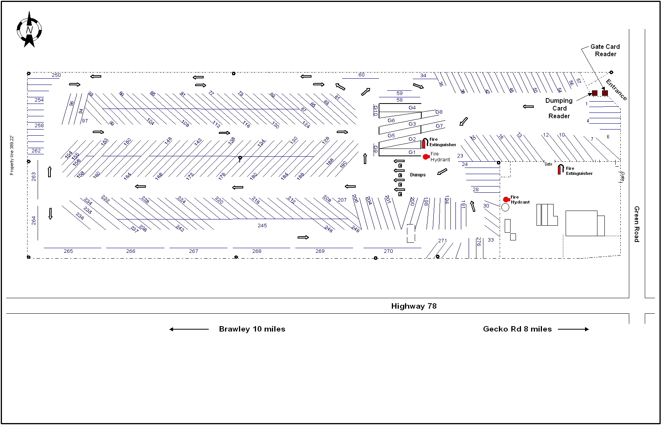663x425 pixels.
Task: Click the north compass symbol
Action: click(x=29, y=30)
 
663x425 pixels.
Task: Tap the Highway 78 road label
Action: click(x=414, y=306)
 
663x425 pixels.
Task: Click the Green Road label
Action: click(x=636, y=224)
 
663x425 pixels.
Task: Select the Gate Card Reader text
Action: click(x=605, y=50)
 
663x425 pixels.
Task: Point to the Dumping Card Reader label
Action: click(x=559, y=108)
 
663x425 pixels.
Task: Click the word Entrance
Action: click(x=616, y=90)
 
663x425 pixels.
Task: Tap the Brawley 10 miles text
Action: click(x=252, y=329)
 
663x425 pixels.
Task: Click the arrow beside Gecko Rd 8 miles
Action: click(x=573, y=329)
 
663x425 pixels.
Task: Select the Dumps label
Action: click(x=417, y=175)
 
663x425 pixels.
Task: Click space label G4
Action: click(x=412, y=108)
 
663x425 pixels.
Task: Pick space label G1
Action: click(x=412, y=152)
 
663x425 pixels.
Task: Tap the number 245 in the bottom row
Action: click(x=262, y=226)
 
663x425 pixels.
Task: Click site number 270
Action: click(x=388, y=251)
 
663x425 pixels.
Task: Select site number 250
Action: click(x=56, y=75)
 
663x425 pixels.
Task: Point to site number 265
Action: click(x=68, y=251)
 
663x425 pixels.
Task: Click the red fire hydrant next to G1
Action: click(x=426, y=157)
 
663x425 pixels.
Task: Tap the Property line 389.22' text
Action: click(x=12, y=155)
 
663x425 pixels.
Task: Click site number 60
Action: click(x=361, y=75)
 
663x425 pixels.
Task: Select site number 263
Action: click(x=34, y=177)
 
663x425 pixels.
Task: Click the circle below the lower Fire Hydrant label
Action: click(x=505, y=207)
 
